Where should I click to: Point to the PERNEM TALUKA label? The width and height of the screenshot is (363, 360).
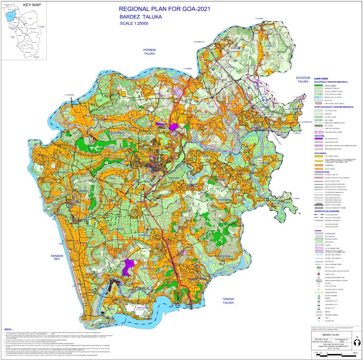point(149,53)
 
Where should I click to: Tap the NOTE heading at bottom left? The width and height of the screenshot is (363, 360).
point(8,328)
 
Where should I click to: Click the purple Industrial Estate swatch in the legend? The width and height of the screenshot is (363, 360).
point(318,138)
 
